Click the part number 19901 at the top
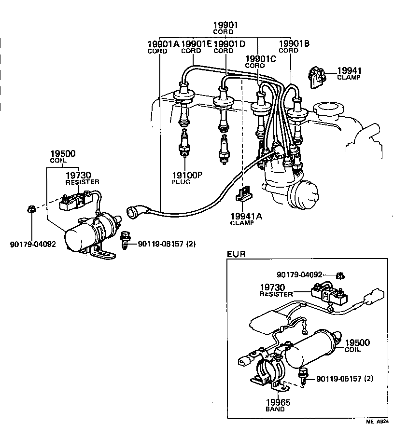[226, 25]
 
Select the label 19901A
[163, 44]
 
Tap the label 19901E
[196, 44]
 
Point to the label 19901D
[229, 44]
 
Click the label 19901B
[294, 43]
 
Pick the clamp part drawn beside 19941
[315, 76]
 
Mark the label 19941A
[246, 216]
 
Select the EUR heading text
[236, 254]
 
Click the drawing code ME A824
[377, 421]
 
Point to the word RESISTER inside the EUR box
[276, 294]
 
